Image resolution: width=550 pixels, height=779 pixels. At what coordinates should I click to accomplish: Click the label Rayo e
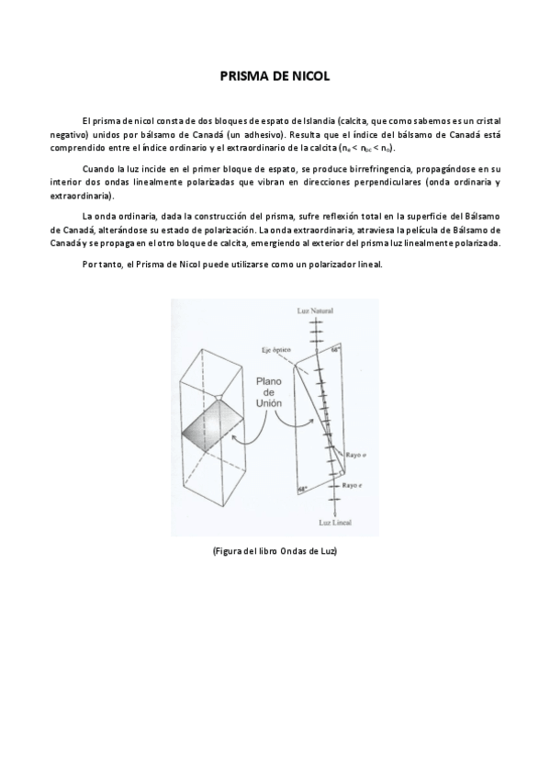tap(353, 483)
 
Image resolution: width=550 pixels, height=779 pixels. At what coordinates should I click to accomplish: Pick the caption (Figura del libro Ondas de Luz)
tap(275, 550)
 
